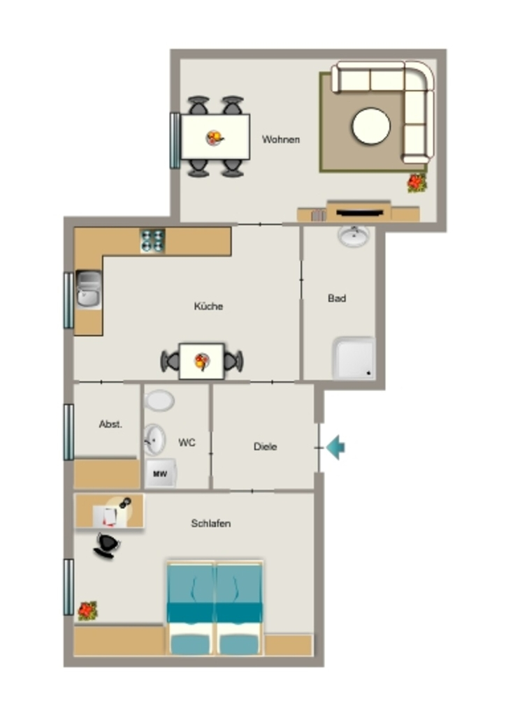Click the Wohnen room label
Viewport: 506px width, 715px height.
[280, 140]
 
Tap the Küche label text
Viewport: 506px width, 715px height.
[208, 306]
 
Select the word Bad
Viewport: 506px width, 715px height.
[337, 298]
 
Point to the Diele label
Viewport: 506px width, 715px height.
[265, 446]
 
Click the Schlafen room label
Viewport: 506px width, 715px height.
[211, 524]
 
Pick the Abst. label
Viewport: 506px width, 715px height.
[110, 424]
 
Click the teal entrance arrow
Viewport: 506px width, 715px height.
[335, 448]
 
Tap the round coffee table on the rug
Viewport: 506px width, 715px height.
[371, 126]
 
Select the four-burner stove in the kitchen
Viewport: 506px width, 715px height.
[152, 241]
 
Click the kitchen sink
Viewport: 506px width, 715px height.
[89, 290]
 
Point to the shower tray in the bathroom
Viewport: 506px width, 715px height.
[354, 358]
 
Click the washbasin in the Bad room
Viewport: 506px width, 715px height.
[354, 236]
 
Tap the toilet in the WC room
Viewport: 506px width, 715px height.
[159, 401]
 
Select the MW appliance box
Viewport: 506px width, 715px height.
[160, 473]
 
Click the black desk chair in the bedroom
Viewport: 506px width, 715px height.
[107, 545]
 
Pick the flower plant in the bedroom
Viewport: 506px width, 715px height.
[87, 611]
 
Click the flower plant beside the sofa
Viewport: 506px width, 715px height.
[417, 183]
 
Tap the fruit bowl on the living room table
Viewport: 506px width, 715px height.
[215, 138]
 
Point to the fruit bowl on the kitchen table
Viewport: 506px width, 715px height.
[202, 362]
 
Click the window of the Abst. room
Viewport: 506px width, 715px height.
[68, 432]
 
